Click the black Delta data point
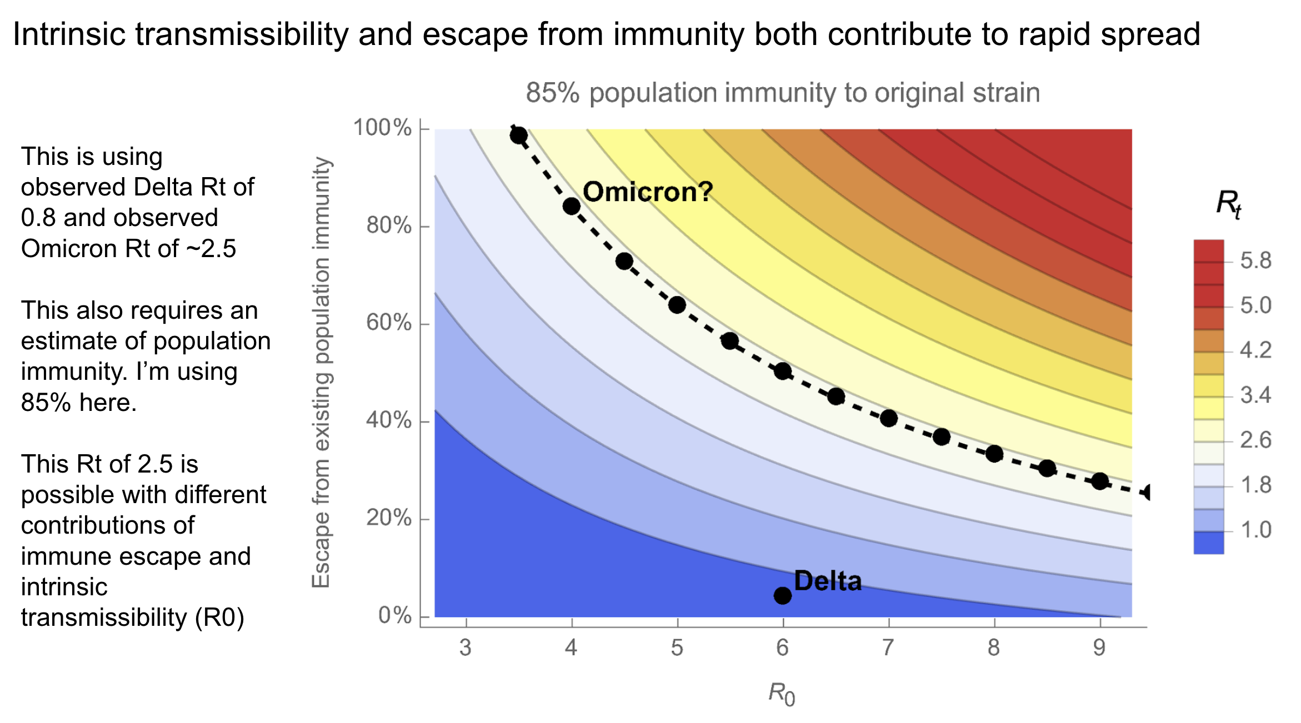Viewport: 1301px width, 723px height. tap(782, 596)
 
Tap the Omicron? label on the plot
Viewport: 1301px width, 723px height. tap(648, 192)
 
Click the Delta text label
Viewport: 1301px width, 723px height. tap(828, 581)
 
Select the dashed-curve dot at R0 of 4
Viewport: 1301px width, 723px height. tap(572, 207)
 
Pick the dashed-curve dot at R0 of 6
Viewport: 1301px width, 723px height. tap(783, 371)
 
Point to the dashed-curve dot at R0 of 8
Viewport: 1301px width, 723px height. tap(994, 454)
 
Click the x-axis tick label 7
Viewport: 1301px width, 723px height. tap(888, 647)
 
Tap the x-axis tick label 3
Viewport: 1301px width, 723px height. tap(466, 647)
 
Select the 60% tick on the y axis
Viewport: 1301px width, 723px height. tap(389, 323)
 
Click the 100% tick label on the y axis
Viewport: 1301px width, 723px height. tap(383, 128)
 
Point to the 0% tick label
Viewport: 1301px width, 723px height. tap(395, 615)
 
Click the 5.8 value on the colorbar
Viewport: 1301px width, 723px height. tap(1255, 260)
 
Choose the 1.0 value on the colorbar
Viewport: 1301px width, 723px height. tap(1255, 530)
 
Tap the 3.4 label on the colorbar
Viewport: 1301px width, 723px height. tap(1255, 395)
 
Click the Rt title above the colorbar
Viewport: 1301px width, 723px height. tap(1228, 204)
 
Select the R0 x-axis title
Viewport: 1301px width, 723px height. tap(782, 694)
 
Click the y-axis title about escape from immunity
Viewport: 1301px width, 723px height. tap(321, 372)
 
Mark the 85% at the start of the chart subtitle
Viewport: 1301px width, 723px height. tap(553, 93)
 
